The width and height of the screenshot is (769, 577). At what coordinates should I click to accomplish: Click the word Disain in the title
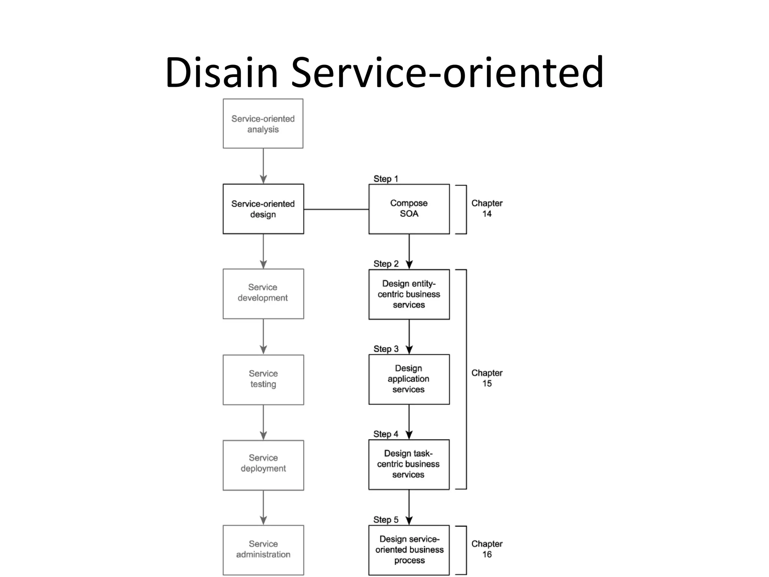(x=222, y=72)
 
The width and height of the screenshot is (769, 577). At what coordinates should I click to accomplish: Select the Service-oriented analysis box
(x=263, y=124)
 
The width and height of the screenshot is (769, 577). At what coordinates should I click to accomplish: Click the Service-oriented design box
(x=263, y=209)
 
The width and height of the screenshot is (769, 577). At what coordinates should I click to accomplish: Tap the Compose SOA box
(x=409, y=209)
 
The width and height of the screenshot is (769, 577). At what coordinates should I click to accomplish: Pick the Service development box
(x=263, y=293)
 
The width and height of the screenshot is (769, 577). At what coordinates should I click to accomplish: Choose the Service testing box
(x=263, y=379)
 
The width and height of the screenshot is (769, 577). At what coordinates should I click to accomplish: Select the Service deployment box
(x=263, y=465)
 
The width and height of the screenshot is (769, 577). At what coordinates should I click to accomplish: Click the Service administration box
(x=263, y=550)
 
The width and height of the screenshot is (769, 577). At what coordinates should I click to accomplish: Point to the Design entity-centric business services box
(x=409, y=294)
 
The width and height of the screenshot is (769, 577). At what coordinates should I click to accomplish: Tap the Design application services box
(x=409, y=379)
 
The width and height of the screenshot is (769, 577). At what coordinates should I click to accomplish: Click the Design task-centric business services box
(x=409, y=464)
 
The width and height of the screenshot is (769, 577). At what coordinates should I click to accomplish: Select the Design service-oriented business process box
(x=409, y=550)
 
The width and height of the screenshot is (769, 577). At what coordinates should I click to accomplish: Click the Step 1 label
(x=386, y=179)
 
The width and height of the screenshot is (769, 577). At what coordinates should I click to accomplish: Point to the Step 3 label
(x=386, y=349)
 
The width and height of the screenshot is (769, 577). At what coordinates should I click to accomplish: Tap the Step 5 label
(x=386, y=520)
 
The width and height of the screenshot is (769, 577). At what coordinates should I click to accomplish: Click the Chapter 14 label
(x=487, y=208)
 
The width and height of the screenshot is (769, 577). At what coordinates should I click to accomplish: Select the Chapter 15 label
(x=487, y=378)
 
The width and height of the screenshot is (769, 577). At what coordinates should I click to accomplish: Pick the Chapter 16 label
(x=487, y=549)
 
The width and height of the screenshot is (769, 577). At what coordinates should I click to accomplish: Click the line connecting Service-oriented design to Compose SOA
(x=336, y=209)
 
